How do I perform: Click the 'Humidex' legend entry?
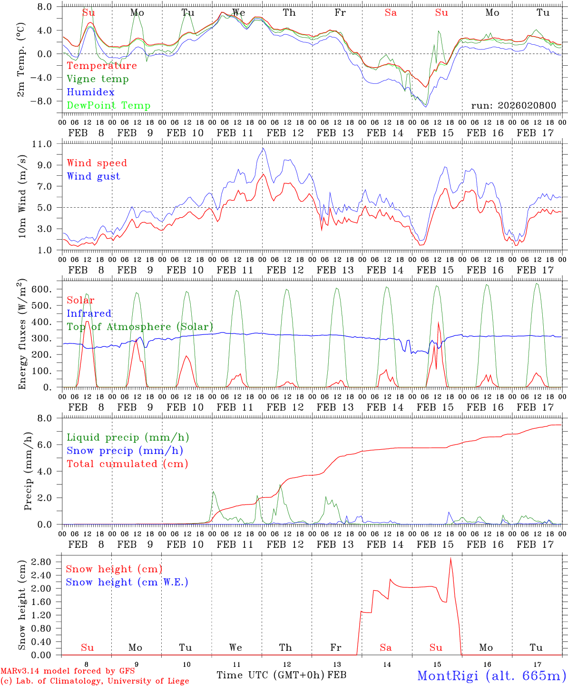90,92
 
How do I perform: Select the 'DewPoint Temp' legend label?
108,106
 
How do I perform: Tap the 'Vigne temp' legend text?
98,79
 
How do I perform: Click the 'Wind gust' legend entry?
93,176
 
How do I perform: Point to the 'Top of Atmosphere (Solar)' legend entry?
140,327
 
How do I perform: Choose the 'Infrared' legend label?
89,313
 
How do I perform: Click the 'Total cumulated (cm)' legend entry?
127,464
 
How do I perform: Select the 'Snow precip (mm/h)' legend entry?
125,451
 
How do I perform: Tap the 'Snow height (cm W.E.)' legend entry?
127,582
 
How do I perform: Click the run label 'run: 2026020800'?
513,106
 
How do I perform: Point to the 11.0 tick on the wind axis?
49,144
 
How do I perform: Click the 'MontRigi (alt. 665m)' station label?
491,676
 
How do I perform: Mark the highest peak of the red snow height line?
450,558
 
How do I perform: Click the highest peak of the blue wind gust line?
263,148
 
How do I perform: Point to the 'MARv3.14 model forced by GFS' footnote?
68,671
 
